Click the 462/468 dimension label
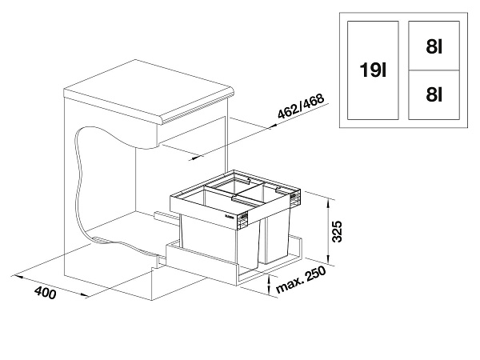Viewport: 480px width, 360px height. pos(301,106)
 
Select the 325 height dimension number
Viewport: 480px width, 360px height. pos(337,231)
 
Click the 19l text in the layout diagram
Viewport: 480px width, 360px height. pos(373,70)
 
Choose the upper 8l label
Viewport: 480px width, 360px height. pos(434,47)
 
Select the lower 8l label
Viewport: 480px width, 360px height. pos(434,94)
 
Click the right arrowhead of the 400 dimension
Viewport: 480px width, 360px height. pos(83,294)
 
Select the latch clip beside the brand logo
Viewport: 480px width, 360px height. pos(242,221)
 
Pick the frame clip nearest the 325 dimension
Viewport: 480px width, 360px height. pos(296,197)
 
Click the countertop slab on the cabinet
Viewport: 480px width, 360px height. pos(149,92)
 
